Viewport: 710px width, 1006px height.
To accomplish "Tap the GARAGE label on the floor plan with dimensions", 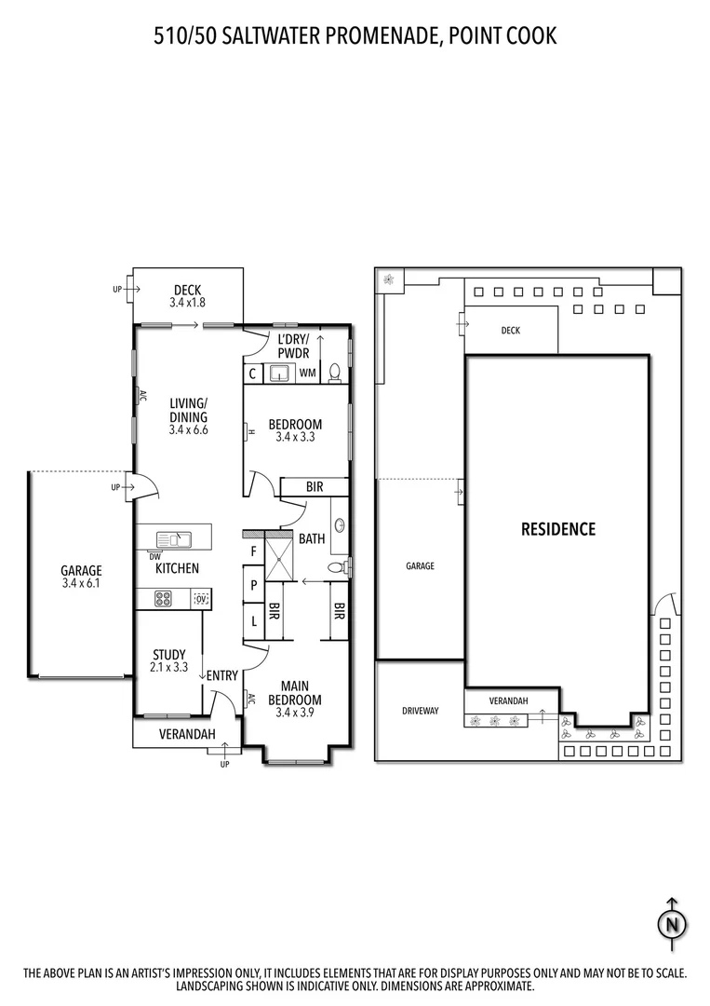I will click(81, 578).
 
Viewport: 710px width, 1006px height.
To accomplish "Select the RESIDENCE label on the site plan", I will click(557, 529).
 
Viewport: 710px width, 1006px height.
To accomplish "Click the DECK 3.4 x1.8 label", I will click(187, 296).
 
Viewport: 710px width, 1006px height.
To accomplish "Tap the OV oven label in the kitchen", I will click(201, 599).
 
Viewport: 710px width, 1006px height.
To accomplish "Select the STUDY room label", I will click(168, 660).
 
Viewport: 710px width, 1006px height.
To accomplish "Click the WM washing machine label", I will click(307, 374).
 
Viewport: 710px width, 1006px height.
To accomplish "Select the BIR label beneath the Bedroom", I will click(315, 487).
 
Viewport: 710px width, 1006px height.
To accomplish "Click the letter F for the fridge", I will click(253, 551).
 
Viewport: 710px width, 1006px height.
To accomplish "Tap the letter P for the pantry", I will click(253, 586).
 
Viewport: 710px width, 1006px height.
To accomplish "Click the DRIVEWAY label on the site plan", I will click(420, 711).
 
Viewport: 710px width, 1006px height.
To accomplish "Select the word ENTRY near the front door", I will click(222, 675).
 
